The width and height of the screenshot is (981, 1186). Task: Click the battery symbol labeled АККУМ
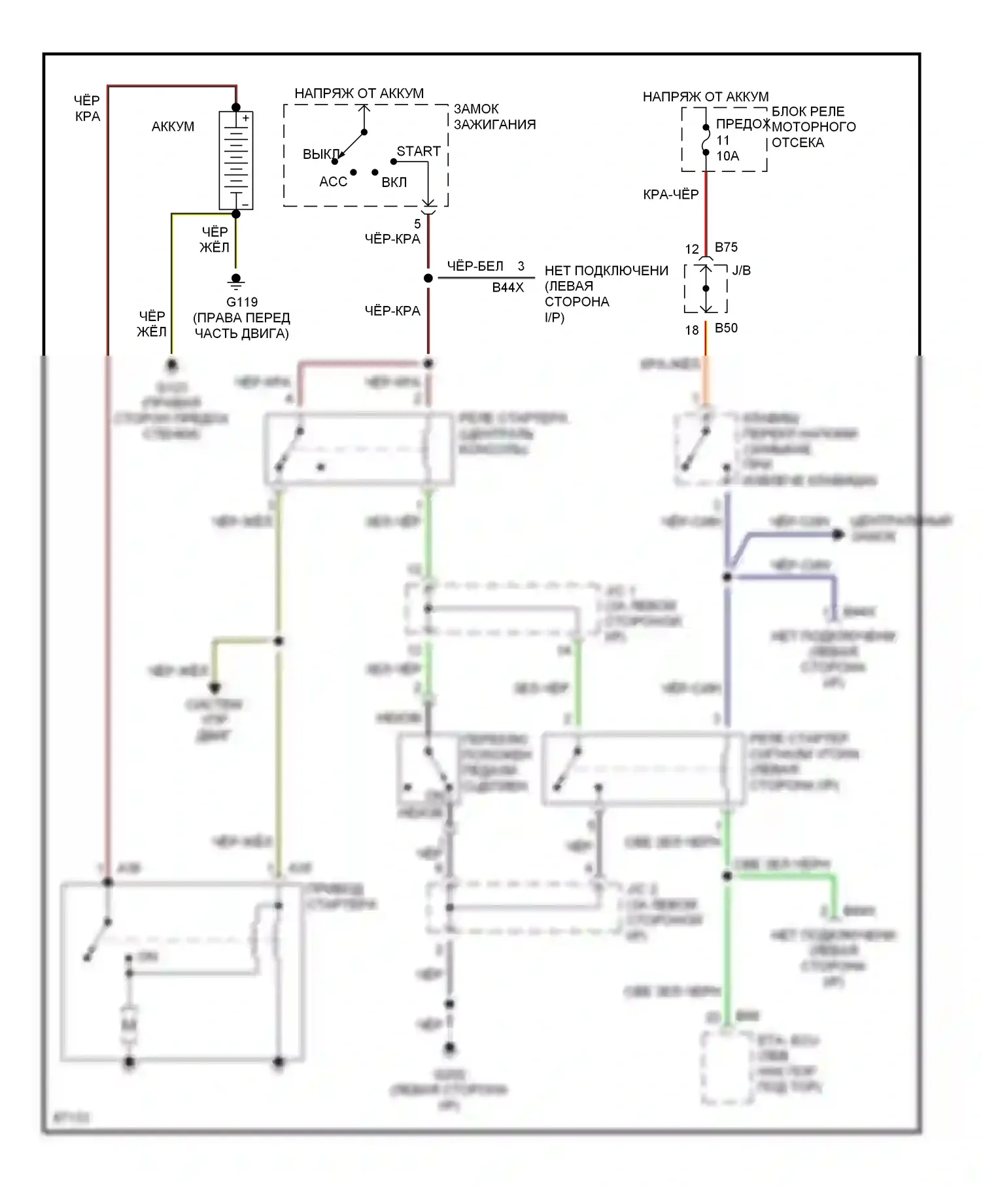coord(235,160)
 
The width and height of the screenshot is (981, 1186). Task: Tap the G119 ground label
coord(242,302)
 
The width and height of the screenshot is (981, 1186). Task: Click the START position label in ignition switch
coord(419,151)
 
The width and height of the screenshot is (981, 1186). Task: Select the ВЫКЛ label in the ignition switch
coord(320,155)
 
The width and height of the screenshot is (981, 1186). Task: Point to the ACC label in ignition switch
coord(333,182)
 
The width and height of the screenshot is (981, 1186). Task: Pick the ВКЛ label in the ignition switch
coord(394,182)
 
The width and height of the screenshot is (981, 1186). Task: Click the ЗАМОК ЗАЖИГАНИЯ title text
coord(494,116)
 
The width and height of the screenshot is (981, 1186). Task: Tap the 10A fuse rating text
coord(727,156)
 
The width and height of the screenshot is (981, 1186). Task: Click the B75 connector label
coord(726,247)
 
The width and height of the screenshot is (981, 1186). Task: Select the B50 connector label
coord(726,328)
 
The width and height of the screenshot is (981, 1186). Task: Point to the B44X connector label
coord(508,287)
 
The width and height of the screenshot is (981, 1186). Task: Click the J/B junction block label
coord(741,271)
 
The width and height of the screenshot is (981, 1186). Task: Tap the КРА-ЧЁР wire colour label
coord(670,194)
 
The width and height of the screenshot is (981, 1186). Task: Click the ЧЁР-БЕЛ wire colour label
coord(475,266)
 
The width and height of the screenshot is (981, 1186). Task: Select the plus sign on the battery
coord(246,118)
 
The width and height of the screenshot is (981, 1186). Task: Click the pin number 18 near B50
coord(692,330)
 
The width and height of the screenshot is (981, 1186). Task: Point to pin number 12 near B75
coord(692,249)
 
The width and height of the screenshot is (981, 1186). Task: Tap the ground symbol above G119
coord(236,282)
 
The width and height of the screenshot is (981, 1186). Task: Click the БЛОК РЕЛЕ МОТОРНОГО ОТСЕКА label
coord(814,127)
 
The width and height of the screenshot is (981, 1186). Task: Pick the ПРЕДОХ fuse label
coord(742,124)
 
